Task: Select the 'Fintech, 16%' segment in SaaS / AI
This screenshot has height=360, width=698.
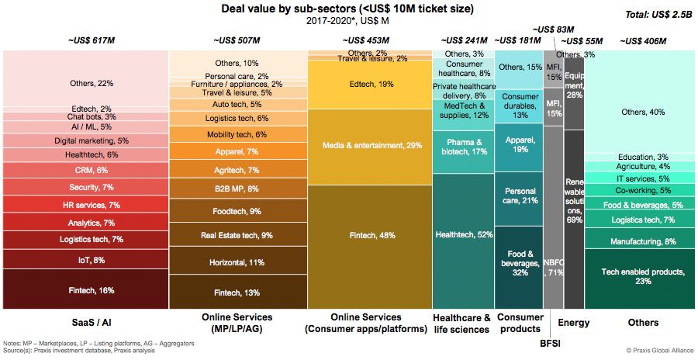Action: [x=85, y=290]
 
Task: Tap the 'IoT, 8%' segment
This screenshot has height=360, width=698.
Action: [x=85, y=260]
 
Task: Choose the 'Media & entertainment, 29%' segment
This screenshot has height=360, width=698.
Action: [x=369, y=146]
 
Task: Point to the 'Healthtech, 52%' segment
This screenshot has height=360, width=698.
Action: [x=463, y=234]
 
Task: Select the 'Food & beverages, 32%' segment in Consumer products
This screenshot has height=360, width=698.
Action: [x=519, y=264]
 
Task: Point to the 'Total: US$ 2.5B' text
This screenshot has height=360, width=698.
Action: [x=658, y=15]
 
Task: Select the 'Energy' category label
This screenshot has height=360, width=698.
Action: [x=574, y=322]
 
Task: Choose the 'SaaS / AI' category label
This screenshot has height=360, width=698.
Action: [x=85, y=322]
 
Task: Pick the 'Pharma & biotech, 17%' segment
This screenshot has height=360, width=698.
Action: [x=463, y=147]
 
